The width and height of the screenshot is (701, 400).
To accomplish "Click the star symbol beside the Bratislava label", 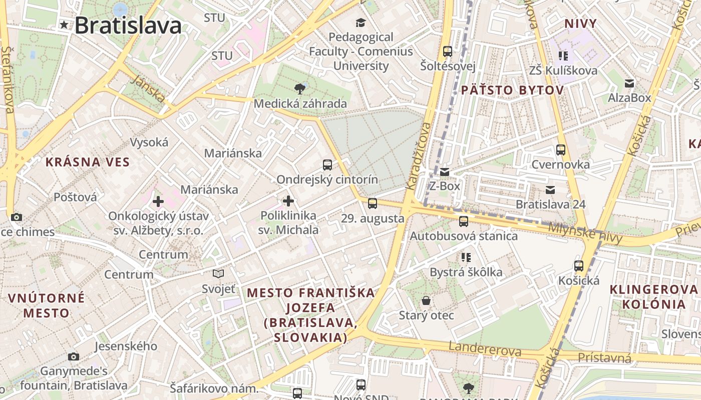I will click(x=64, y=24).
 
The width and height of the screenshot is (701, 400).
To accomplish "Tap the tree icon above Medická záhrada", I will click(x=300, y=89).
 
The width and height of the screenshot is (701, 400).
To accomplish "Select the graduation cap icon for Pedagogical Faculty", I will click(x=361, y=22).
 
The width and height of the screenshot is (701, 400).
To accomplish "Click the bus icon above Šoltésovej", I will click(x=448, y=51).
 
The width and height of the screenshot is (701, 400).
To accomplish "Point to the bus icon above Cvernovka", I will click(x=560, y=149).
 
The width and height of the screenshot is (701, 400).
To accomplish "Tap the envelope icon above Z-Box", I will click(x=445, y=172).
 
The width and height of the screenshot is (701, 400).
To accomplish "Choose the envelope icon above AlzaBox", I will click(x=629, y=83).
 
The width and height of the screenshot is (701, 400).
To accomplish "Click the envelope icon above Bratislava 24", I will click(x=550, y=189).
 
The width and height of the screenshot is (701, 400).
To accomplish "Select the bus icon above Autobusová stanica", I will click(x=464, y=221).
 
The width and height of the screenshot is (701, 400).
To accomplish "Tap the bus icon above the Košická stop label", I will click(x=579, y=265).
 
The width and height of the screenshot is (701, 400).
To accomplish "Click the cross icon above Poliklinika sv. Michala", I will click(x=288, y=201).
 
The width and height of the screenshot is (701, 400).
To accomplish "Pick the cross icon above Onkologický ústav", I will click(x=158, y=201).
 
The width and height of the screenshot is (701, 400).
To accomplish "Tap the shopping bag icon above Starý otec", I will click(x=426, y=300).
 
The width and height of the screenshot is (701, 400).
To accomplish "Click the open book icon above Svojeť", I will click(x=218, y=273).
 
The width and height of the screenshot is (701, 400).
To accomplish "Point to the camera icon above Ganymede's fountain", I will click(x=74, y=356).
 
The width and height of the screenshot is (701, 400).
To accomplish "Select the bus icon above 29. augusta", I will click(x=372, y=203).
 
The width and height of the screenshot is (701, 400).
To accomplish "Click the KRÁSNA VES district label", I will click(x=88, y=162).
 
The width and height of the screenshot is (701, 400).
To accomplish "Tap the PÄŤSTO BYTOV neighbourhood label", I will click(x=512, y=90).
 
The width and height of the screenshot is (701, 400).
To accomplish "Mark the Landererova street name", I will click(x=485, y=349).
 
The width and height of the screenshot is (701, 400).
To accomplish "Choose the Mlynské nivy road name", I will click(x=585, y=232).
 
